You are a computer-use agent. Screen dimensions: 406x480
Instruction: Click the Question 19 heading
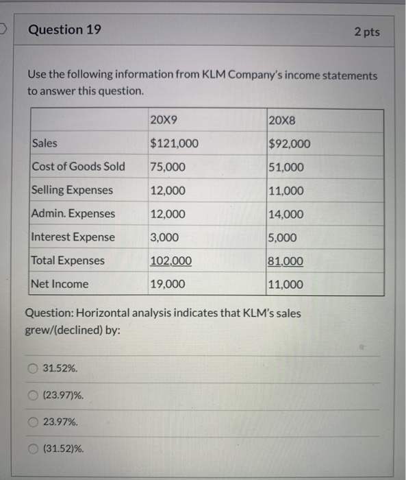click(65, 29)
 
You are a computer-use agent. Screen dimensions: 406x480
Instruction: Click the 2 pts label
click(367, 32)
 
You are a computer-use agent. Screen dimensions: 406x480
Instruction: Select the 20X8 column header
click(283, 121)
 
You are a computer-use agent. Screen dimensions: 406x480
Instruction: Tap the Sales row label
click(45, 143)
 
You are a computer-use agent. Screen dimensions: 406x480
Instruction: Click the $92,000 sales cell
click(290, 144)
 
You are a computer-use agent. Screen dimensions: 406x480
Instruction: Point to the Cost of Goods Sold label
click(79, 167)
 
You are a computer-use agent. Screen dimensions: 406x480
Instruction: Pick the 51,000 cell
click(287, 167)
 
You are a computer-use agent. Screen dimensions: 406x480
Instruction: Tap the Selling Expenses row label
click(73, 190)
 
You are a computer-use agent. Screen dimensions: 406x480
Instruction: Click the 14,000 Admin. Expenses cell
click(287, 214)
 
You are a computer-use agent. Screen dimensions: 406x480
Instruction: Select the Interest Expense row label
click(74, 237)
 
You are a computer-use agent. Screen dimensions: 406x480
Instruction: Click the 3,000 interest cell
click(164, 237)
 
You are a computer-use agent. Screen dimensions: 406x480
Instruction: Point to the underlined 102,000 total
click(170, 261)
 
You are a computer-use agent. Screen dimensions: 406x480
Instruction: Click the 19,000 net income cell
click(168, 284)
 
